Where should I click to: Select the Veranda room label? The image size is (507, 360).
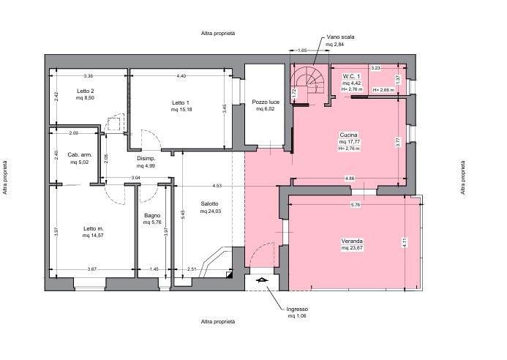coord(352,241)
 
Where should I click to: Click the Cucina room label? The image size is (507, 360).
coord(348,135)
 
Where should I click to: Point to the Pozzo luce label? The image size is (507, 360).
coord(266,102)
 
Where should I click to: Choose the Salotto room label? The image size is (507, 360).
coord(209,203)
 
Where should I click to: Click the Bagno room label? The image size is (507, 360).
coord(152,215)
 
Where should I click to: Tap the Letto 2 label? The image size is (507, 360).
coord(86,91)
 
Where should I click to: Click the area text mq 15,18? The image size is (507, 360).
coord(181,110)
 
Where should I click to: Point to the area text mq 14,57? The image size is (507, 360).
coord(93,236)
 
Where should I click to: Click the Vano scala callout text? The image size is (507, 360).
coord(340,37)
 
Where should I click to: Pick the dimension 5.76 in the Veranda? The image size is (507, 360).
coord(356,205)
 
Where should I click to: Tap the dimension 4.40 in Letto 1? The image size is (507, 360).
coord(181,76)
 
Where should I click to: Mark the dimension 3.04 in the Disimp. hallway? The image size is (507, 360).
coord(136,178)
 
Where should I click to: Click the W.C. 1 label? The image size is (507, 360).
coord(351,76)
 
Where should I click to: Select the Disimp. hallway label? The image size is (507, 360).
coord(146,159)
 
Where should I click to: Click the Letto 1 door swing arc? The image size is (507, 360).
coord(154,135)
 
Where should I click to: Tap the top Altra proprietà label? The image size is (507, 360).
coord(218,34)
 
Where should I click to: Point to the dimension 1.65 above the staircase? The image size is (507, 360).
coord(302,50)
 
